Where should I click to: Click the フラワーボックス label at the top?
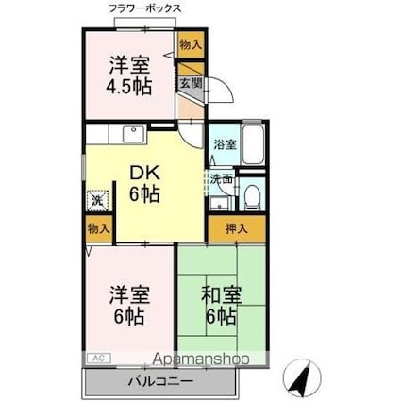[x=145, y=8]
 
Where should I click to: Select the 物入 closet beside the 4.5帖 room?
[x=190, y=44]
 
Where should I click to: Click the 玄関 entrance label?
[x=191, y=83]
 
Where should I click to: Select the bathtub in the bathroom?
[x=252, y=145]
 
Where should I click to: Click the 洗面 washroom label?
[x=221, y=177]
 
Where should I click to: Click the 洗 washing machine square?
[x=97, y=200]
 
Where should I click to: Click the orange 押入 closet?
[x=236, y=227]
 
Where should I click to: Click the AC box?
[x=98, y=358]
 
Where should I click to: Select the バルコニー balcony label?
[x=160, y=382]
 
